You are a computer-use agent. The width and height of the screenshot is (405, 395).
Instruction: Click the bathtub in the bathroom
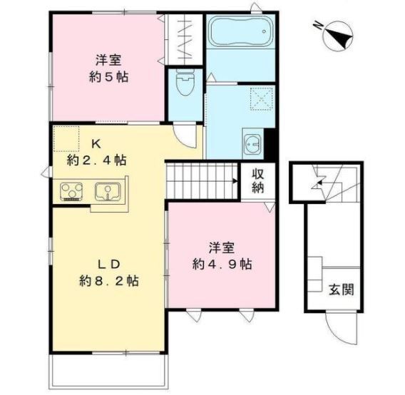point(240,33)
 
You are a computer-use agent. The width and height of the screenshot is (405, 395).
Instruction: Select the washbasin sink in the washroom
point(252,143)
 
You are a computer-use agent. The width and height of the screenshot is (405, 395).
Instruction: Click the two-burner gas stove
point(71,191)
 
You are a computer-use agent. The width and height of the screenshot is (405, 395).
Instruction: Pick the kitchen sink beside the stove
point(108,191)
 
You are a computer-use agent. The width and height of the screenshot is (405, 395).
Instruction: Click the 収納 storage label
point(257,181)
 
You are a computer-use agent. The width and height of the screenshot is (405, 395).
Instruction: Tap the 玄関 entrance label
point(341,289)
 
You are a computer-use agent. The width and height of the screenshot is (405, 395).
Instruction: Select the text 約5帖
point(108,76)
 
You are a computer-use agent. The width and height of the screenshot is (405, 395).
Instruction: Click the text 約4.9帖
point(221,264)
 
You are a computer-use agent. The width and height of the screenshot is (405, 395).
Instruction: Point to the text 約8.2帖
point(108,280)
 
